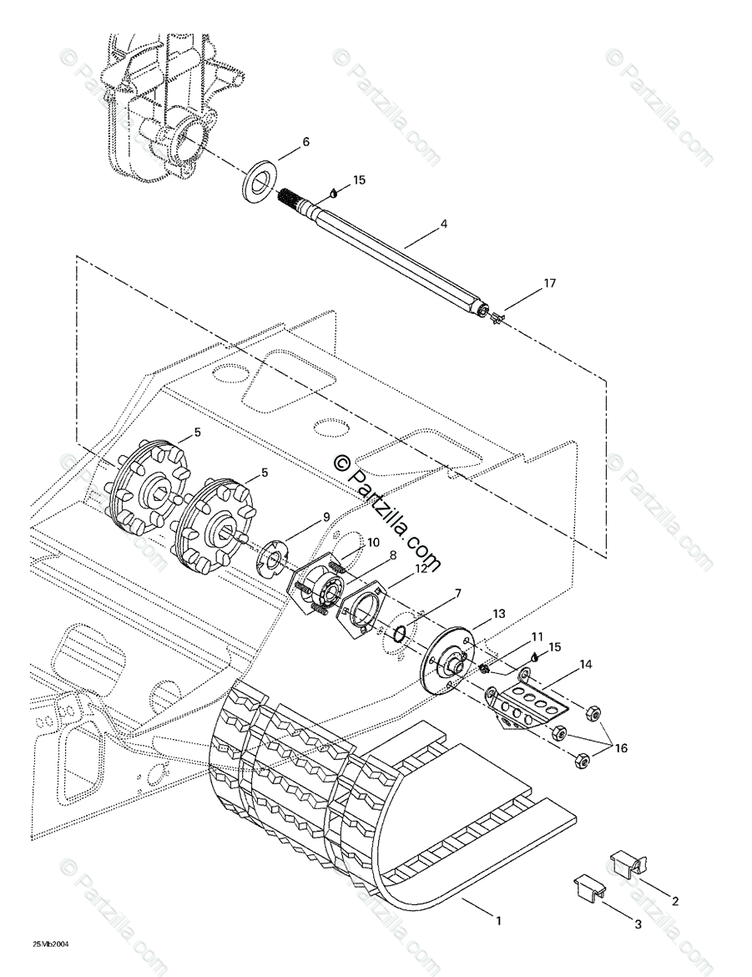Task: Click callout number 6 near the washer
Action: click(x=305, y=142)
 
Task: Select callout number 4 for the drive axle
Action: click(x=443, y=223)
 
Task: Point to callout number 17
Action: click(x=549, y=283)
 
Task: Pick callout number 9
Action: click(x=326, y=517)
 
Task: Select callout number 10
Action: click(x=372, y=543)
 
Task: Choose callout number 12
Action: click(x=421, y=568)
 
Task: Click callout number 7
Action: click(x=458, y=593)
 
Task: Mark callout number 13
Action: click(x=498, y=614)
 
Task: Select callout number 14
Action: click(x=586, y=664)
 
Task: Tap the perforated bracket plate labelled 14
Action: click(x=528, y=707)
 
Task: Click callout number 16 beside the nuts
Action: click(x=620, y=747)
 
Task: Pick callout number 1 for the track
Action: click(x=497, y=919)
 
